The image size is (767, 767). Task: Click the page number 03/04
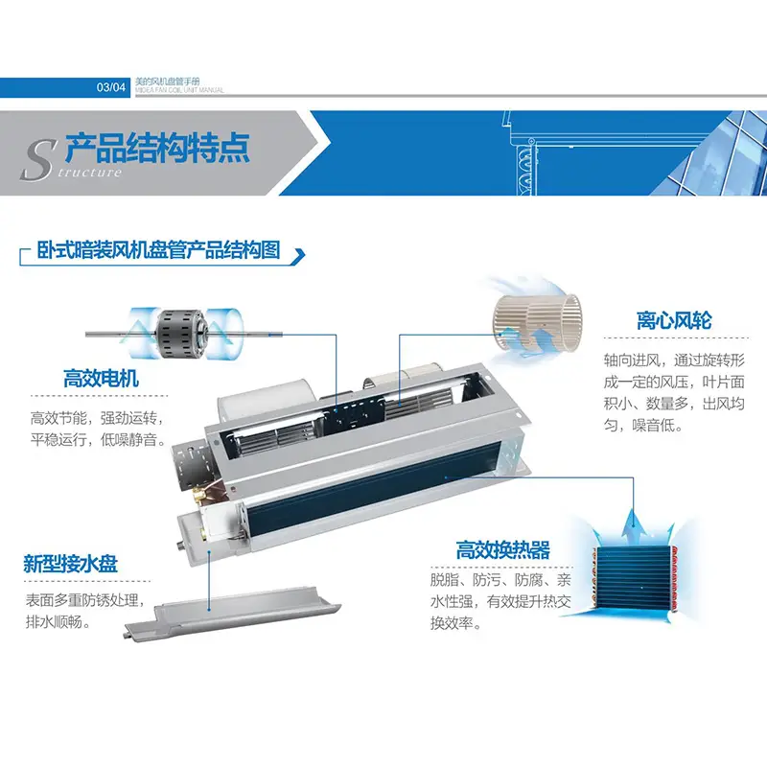[x=111, y=87]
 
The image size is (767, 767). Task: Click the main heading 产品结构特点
[x=157, y=148]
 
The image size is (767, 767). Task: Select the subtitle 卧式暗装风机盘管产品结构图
[x=158, y=250]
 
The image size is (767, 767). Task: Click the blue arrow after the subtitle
[x=298, y=256]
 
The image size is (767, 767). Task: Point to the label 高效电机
[x=101, y=379]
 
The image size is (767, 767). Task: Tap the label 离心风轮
[x=674, y=321]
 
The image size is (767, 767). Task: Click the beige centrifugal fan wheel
[x=537, y=322]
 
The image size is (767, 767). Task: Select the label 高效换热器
[x=502, y=549]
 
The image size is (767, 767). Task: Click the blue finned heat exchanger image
[x=635, y=579]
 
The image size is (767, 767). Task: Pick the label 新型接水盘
[x=70, y=564]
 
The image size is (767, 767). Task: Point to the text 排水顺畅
[x=55, y=622]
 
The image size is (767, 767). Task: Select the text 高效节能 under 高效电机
[x=58, y=418]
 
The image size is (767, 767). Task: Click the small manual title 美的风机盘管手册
[x=167, y=81]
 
